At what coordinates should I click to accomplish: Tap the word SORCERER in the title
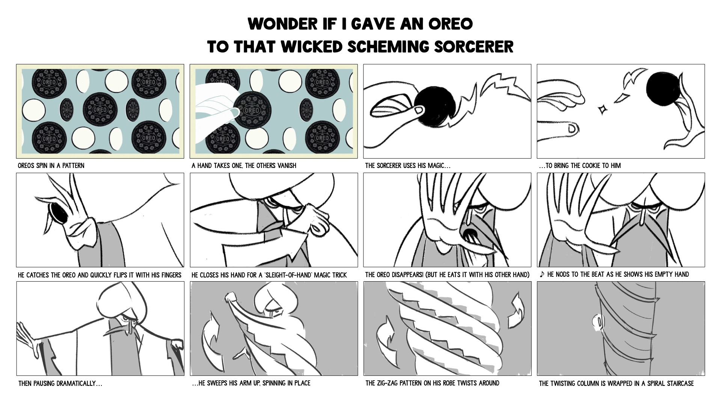tap(474, 47)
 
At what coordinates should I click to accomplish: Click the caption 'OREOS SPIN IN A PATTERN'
tap(51, 165)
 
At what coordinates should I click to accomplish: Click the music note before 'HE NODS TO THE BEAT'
tap(542, 274)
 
